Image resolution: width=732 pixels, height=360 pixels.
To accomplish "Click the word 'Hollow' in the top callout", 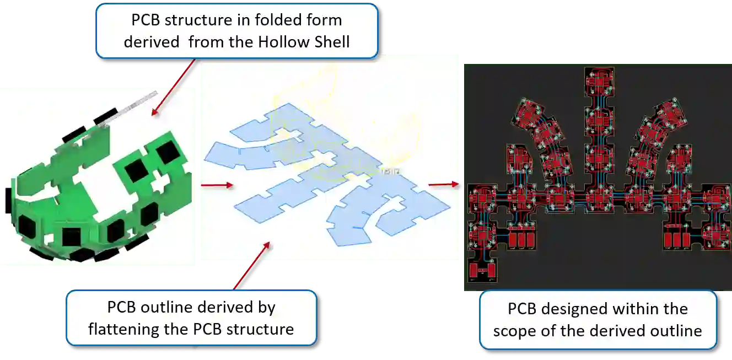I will coord(283,41).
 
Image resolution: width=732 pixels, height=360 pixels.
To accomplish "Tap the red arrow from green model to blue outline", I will coord(213,185).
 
